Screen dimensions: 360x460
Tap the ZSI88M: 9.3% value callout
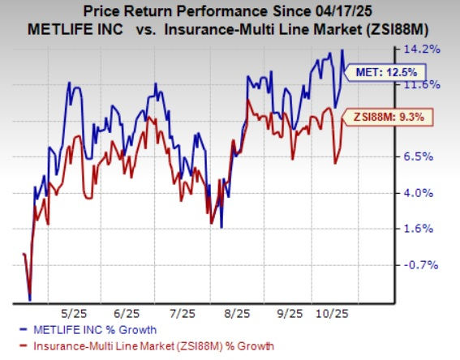pos(386,118)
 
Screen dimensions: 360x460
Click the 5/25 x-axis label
pos(73,312)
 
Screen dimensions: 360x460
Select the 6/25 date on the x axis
pos(129,312)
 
